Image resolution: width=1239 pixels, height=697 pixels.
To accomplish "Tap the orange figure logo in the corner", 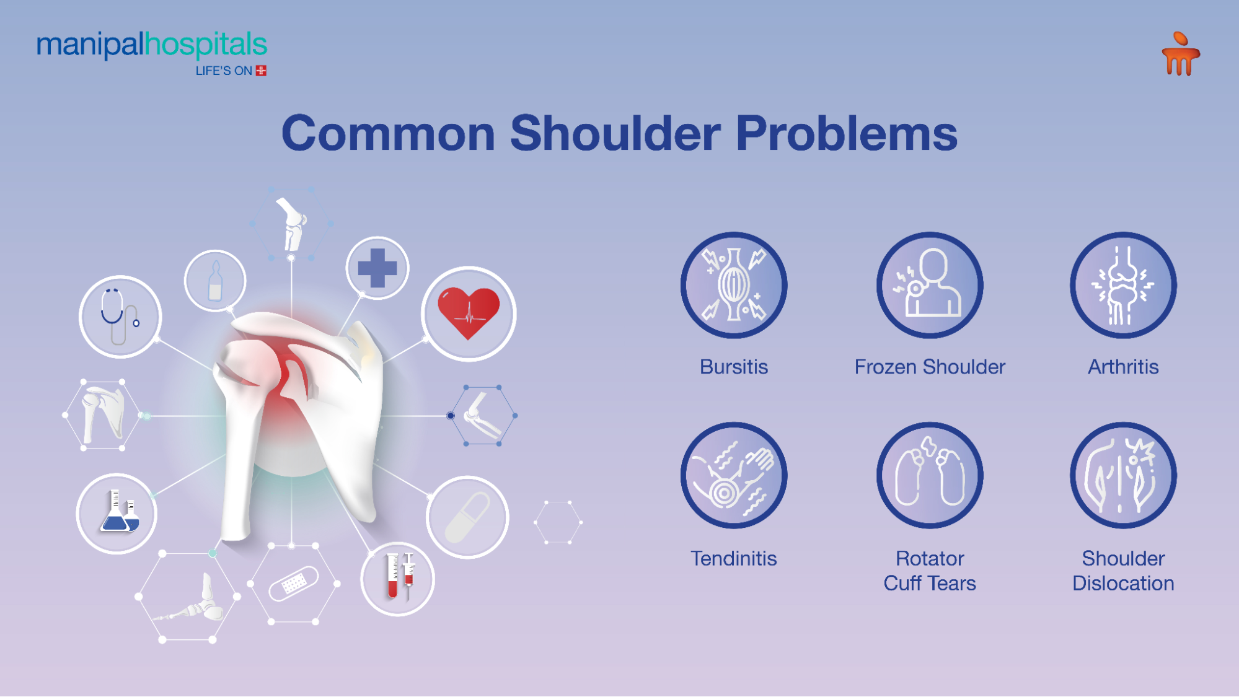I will [x=1181, y=55].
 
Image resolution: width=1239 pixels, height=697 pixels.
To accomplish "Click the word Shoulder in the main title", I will [x=615, y=133].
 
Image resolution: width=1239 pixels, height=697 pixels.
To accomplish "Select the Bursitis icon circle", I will [x=734, y=285].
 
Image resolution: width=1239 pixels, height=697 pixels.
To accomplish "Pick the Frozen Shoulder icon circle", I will [x=929, y=285].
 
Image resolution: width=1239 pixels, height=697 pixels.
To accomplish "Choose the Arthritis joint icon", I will [x=1123, y=285].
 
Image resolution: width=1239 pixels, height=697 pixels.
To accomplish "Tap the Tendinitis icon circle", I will [x=734, y=475].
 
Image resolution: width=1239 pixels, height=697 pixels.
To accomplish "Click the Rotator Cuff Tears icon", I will [x=929, y=475].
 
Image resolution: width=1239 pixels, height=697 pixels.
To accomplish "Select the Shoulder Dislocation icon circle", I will [x=1123, y=475].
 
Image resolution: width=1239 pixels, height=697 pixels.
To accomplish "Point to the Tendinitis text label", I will [x=734, y=558].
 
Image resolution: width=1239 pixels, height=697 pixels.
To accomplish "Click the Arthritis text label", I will [x=1123, y=367].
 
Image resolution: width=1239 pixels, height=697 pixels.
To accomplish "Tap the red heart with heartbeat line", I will [x=469, y=313].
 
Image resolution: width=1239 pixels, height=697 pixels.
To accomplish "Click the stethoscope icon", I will [x=120, y=317].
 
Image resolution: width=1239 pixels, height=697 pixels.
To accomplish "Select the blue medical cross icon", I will [x=377, y=268].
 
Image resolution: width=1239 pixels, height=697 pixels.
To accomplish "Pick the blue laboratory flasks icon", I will [x=117, y=513].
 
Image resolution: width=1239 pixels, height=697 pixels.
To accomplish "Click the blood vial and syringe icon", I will [x=398, y=579].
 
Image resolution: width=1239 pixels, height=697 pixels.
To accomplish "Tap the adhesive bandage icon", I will [x=293, y=583].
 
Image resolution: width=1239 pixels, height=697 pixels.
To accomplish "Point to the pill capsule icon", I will [x=467, y=517].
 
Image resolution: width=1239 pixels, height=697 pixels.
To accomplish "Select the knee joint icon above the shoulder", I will [x=292, y=223].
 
